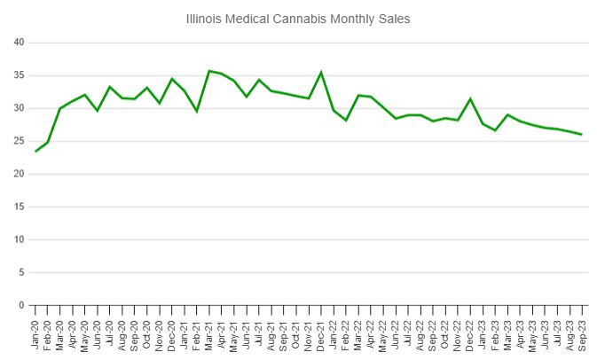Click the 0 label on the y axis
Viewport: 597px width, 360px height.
point(20,305)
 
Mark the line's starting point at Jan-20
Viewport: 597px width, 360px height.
point(35,152)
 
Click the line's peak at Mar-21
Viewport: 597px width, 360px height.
point(209,71)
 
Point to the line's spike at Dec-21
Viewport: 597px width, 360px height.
point(321,73)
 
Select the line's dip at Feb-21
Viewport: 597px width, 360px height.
point(197,111)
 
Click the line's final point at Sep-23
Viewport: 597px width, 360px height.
point(581,135)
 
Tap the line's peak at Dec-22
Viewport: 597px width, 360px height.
point(470,98)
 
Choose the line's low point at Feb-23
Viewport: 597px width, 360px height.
point(495,130)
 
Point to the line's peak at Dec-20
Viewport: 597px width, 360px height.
point(172,79)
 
